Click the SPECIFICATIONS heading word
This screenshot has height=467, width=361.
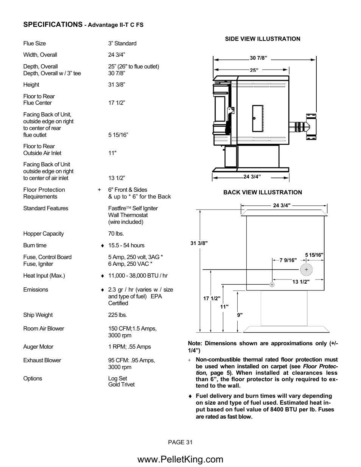[53, 25]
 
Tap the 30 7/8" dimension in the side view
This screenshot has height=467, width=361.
[258, 58]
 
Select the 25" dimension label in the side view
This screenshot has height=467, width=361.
[254, 70]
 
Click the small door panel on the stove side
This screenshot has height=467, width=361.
[257, 118]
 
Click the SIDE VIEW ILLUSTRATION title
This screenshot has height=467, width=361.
[263, 39]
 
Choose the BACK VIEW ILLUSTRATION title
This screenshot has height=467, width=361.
[263, 192]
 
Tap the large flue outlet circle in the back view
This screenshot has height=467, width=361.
[307, 270]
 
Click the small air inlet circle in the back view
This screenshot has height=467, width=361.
[272, 284]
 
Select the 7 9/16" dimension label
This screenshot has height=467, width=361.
[288, 260]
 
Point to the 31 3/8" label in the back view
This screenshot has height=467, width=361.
[199, 243]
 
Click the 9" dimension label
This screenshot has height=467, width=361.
[240, 315]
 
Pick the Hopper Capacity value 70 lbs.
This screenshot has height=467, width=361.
[116, 234]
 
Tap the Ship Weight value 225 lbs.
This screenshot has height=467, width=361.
[118, 315]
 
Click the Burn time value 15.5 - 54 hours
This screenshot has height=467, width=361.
[126, 245]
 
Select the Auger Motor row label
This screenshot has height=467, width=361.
[38, 347]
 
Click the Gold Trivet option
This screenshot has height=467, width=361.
[121, 385]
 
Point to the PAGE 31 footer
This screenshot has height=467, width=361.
[180, 442]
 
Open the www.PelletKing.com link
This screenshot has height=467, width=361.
[180, 459]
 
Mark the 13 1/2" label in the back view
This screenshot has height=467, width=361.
[301, 282]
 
